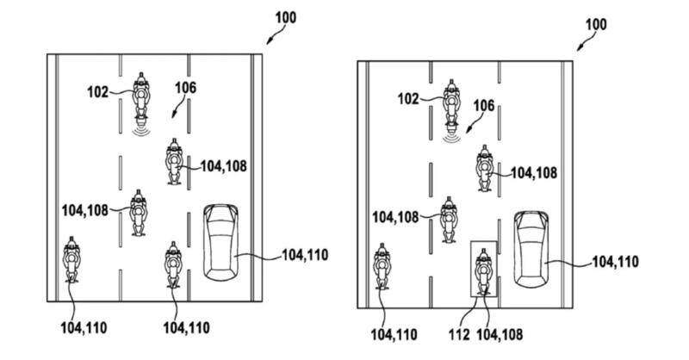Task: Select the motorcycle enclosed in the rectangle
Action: coord(483,270)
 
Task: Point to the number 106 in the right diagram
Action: coord(484,105)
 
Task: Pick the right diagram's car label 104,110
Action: coord(614,261)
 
